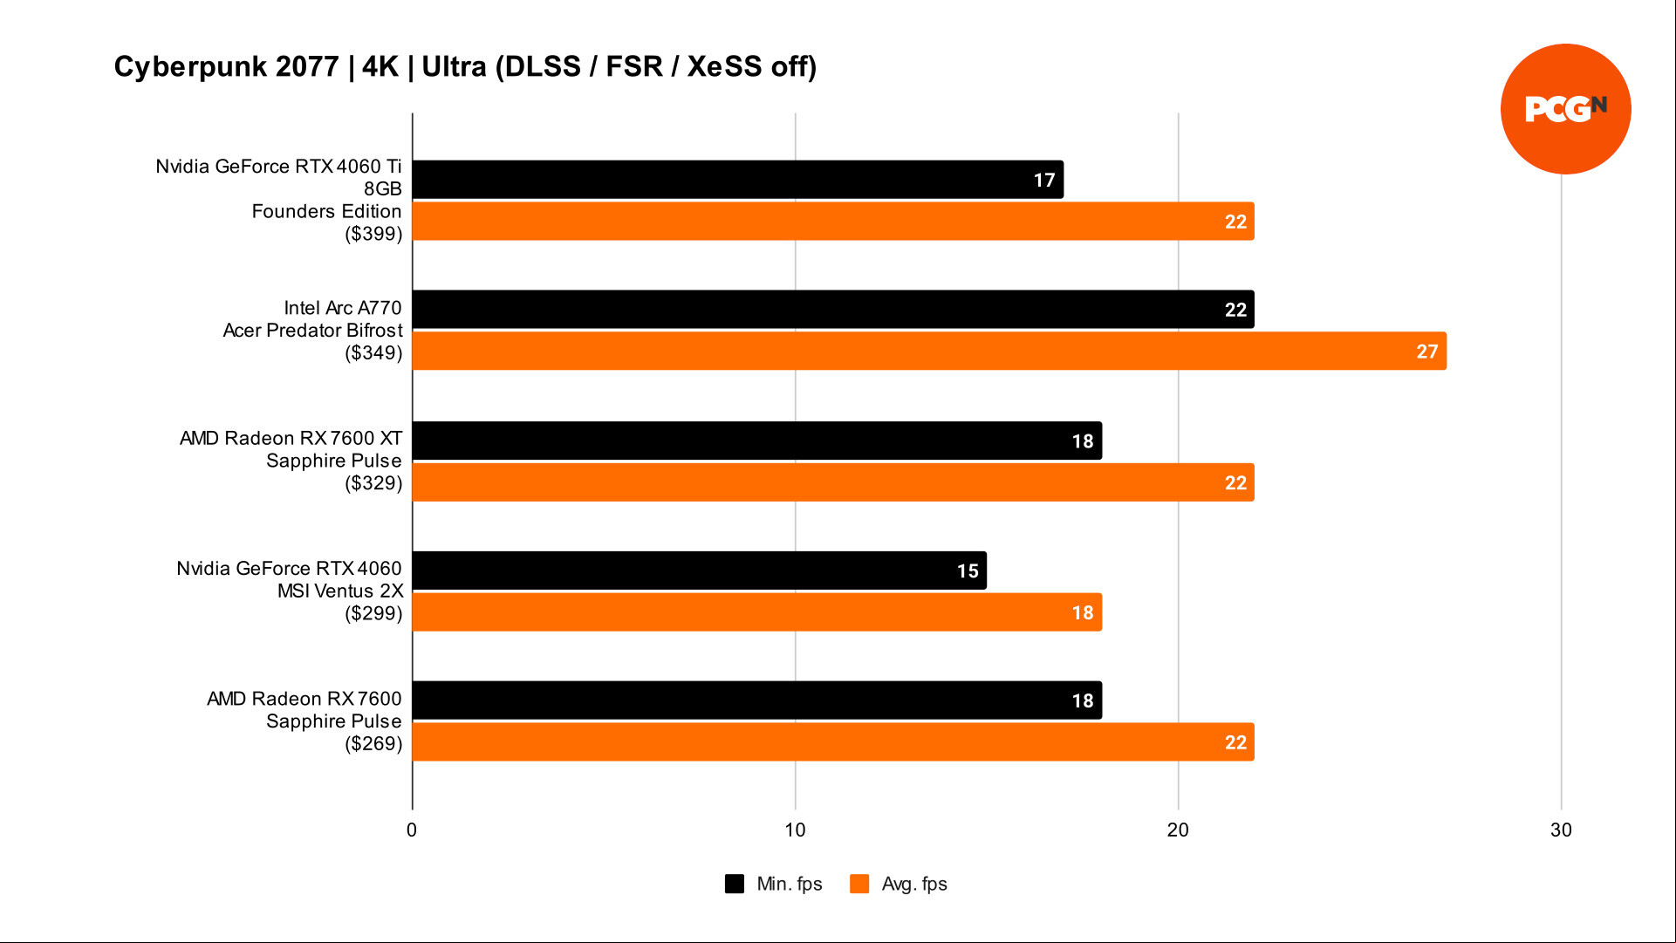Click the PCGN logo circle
coord(1565,109)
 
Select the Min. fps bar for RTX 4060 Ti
coord(737,180)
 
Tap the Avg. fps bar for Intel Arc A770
coord(929,351)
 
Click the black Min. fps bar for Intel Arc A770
coord(833,310)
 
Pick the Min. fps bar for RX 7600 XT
coord(757,441)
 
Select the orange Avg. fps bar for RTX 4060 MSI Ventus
coord(757,612)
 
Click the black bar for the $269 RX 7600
coord(757,700)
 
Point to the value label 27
coord(1426,352)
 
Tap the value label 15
coord(968,571)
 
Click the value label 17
coord(1044,180)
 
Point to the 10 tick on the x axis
coord(795,830)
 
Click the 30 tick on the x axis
coord(1561,830)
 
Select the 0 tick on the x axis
coord(412,830)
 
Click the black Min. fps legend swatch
coord(735,884)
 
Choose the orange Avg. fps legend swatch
coord(859,884)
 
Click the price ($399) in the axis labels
coord(373,234)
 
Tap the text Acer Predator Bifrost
coord(312,331)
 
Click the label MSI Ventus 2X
coord(340,591)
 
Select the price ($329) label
coord(373,483)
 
